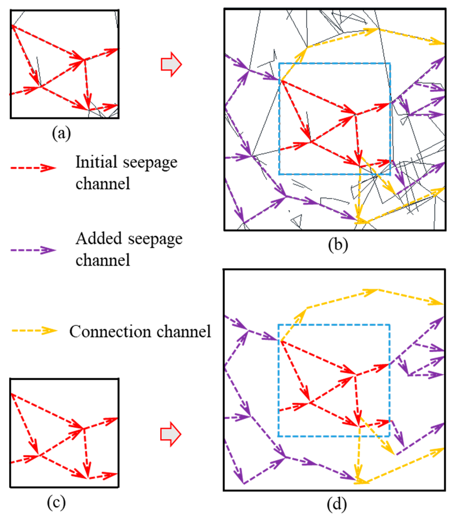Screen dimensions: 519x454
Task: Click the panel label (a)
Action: (61, 133)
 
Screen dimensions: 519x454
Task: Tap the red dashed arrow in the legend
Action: (33, 168)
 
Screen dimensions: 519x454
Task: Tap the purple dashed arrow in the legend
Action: (33, 250)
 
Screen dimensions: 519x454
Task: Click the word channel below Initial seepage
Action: (103, 183)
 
